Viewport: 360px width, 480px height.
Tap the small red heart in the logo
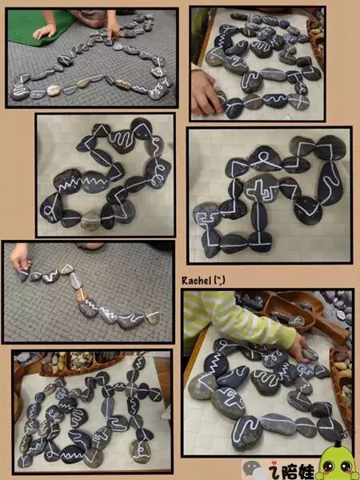click(x=270, y=463)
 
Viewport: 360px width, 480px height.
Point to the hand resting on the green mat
click(x=45, y=31)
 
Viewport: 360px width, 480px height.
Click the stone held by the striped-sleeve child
click(x=310, y=354)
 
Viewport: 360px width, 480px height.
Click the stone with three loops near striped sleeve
click(x=274, y=357)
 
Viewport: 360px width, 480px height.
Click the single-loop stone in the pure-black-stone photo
click(x=265, y=158)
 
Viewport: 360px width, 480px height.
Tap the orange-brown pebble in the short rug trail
click(x=82, y=295)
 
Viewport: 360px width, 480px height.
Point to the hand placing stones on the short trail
click(x=20, y=257)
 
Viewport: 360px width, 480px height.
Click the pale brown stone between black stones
click(x=90, y=220)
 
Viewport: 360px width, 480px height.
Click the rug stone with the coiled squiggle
click(x=20, y=92)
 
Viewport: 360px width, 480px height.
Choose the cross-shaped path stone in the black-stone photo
click(x=261, y=189)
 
